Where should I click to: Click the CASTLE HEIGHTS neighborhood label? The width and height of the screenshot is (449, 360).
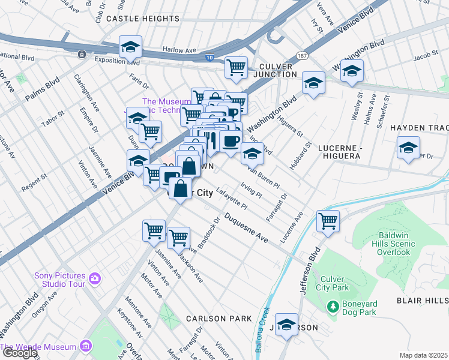point(139,19)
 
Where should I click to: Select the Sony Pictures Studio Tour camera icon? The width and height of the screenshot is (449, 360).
point(94,278)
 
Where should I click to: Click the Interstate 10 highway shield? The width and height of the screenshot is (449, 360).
point(208,57)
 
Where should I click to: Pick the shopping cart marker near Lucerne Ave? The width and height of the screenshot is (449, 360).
point(328,220)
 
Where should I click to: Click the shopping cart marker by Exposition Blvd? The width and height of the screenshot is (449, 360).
point(236,67)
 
